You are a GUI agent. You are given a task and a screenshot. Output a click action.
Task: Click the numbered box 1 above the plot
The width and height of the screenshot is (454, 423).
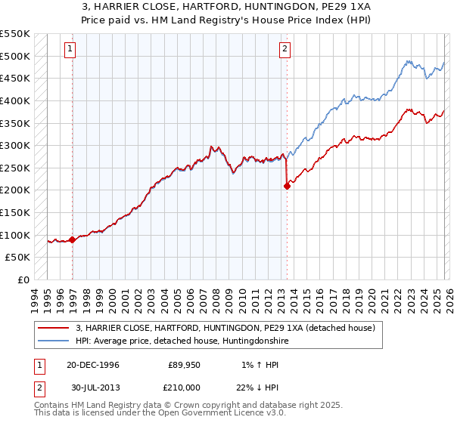[70, 50]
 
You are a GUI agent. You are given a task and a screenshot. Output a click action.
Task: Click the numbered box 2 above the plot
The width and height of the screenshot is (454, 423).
[285, 50]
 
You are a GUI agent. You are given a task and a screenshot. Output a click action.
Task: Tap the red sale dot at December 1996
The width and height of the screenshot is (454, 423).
[73, 239]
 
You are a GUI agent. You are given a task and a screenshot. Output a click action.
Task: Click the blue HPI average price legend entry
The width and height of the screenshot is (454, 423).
[182, 341]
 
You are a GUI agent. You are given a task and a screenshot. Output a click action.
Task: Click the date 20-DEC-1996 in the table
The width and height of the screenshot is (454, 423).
[90, 364]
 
